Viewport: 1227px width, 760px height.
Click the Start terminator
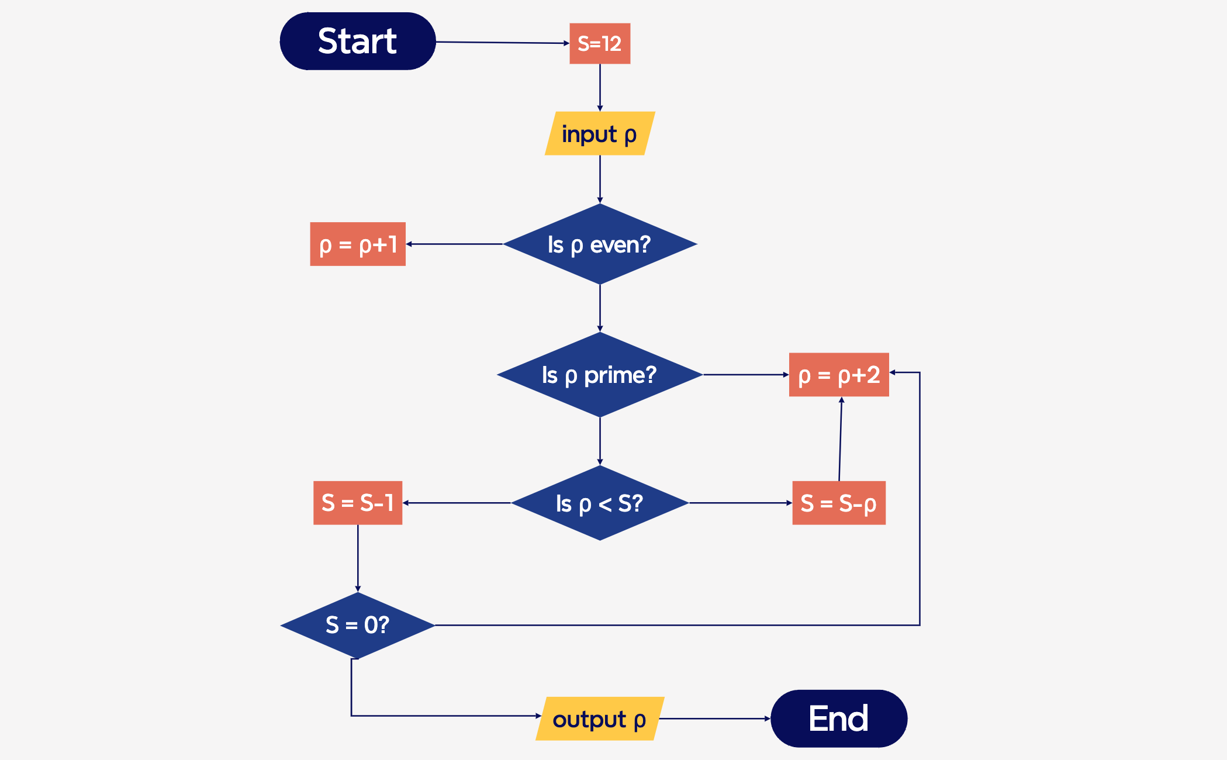pos(358,41)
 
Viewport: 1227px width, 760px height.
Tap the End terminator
pos(839,718)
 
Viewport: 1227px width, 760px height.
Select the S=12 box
pos(600,44)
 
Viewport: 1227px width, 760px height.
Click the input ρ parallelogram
pos(600,134)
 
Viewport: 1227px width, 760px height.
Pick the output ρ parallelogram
pos(600,719)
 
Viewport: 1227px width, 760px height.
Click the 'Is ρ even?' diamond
pos(600,244)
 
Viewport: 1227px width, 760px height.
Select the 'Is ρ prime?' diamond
pos(600,375)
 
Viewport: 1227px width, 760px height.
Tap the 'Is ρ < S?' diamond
pos(600,503)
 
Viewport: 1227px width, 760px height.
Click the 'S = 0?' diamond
pos(358,625)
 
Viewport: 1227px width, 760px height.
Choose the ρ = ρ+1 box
pos(358,244)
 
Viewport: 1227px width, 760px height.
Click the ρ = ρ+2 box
pos(839,375)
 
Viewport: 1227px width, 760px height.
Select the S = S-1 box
pos(358,503)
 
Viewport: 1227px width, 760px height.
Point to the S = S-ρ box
pos(839,503)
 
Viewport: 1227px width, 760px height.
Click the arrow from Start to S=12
pos(503,43)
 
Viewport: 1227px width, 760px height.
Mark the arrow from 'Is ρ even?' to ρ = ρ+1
pos(455,244)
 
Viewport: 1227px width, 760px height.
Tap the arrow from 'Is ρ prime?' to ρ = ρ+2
pos(746,375)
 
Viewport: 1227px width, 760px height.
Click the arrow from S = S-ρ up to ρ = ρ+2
pos(841,438)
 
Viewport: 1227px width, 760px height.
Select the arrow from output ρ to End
pos(714,718)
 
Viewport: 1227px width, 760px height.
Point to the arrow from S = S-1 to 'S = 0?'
pos(358,558)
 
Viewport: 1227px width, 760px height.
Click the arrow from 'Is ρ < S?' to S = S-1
pos(457,503)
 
